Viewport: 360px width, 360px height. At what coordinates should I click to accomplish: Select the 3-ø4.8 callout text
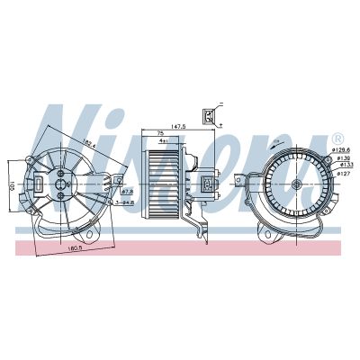(126, 203)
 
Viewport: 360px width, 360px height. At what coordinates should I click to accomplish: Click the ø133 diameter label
(346, 166)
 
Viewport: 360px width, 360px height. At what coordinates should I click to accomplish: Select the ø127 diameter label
(343, 175)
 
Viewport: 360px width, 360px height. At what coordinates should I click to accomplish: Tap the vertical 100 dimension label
(8, 187)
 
